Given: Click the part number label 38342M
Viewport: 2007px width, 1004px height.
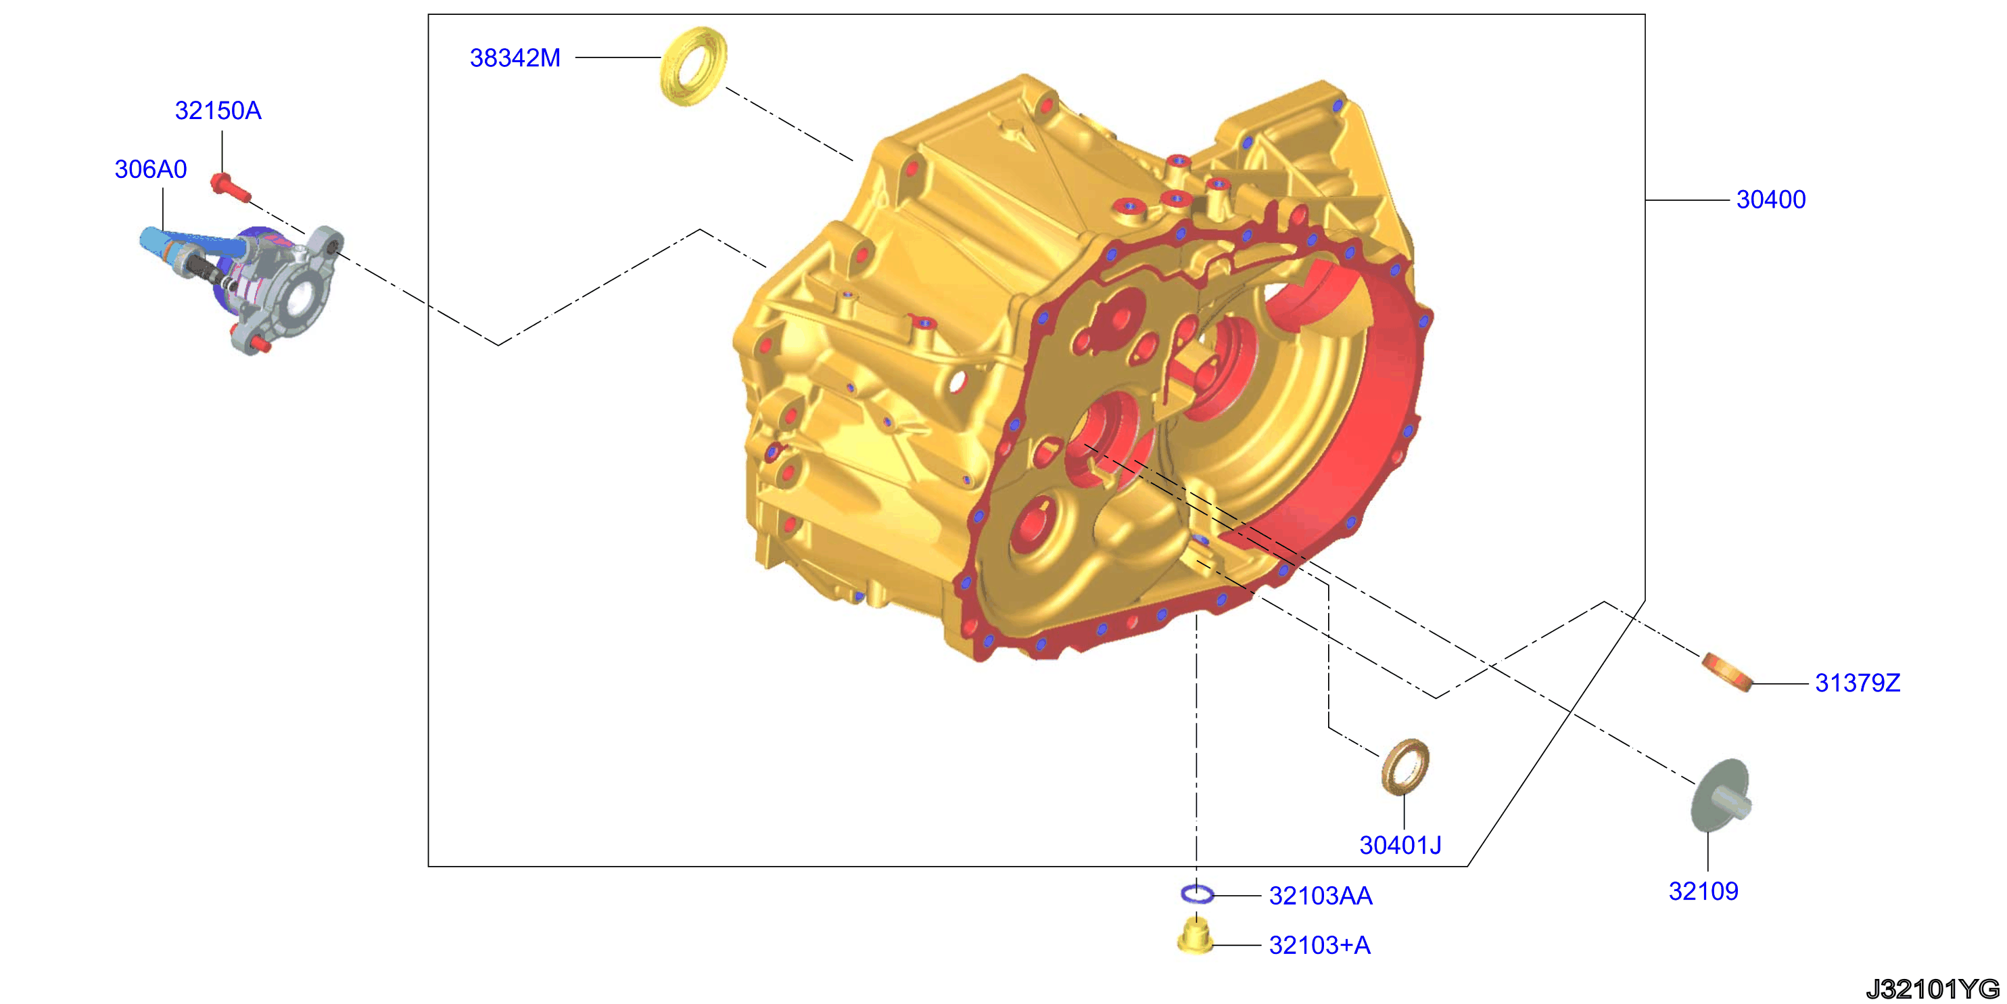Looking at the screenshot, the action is coord(515,58).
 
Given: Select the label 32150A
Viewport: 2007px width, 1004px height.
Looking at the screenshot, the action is coord(218,111).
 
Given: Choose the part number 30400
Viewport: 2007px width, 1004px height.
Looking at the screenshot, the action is coord(1771,200).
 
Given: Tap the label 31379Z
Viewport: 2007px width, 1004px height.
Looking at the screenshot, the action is coord(1858,683).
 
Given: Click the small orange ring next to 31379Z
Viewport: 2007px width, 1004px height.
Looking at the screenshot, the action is coord(1727,672).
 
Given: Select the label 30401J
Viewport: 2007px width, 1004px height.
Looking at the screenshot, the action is coord(1400,845).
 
